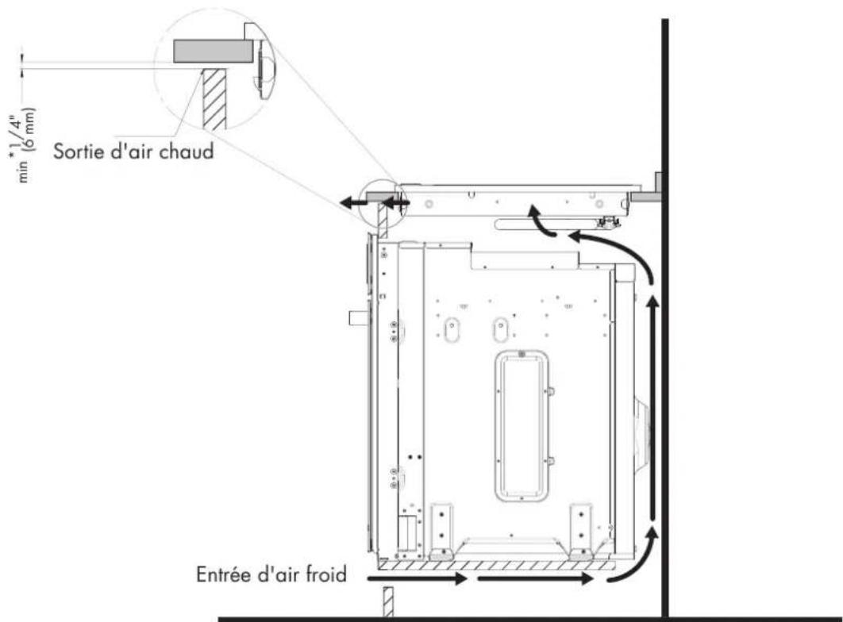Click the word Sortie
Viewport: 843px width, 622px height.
click(79, 151)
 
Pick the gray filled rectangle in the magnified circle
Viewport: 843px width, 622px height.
click(213, 51)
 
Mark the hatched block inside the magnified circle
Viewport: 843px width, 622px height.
click(214, 99)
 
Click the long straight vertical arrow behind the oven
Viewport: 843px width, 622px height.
click(652, 409)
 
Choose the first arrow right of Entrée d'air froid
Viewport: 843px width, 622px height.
click(418, 578)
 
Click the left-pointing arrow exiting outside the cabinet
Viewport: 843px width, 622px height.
click(354, 203)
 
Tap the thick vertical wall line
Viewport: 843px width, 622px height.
click(665, 319)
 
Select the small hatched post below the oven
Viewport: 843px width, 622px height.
click(387, 601)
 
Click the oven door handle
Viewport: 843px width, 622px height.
click(357, 317)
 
